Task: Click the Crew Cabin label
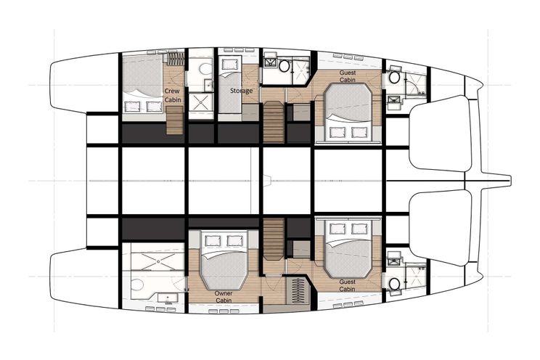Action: click(172, 95)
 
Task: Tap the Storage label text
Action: click(241, 91)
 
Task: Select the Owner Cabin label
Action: click(224, 297)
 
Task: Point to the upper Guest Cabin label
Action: click(348, 76)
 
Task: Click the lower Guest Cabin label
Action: click(347, 285)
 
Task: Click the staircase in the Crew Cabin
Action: click(175, 120)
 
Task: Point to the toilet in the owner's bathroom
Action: click(137, 285)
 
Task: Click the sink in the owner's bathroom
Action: click(168, 298)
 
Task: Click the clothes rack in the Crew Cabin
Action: click(176, 59)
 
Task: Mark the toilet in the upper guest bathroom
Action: click(395, 78)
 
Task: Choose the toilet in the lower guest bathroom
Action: click(395, 285)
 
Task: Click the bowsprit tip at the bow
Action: click(511, 179)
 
